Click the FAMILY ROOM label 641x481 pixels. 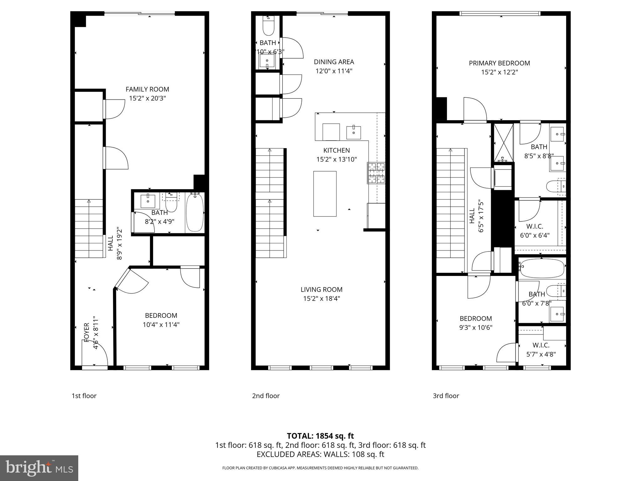[x=147, y=89]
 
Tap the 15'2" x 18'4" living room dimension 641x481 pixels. [x=321, y=298]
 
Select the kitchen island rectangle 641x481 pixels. [x=325, y=194]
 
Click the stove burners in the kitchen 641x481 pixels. [x=376, y=173]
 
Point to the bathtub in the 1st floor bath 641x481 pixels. [x=195, y=213]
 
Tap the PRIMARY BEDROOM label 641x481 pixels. [x=499, y=63]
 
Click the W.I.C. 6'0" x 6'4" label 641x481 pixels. [x=535, y=230]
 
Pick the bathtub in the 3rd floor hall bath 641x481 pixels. [x=542, y=268]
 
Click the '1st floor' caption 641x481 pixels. [x=84, y=396]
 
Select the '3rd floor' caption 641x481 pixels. [x=446, y=396]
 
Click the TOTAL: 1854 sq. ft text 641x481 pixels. [x=320, y=436]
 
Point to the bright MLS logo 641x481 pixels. [x=39, y=468]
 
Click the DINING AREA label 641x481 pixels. [x=334, y=62]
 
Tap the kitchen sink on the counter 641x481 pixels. [x=354, y=133]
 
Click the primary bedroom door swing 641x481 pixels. [x=475, y=110]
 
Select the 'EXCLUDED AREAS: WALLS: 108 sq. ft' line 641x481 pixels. [x=320, y=454]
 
